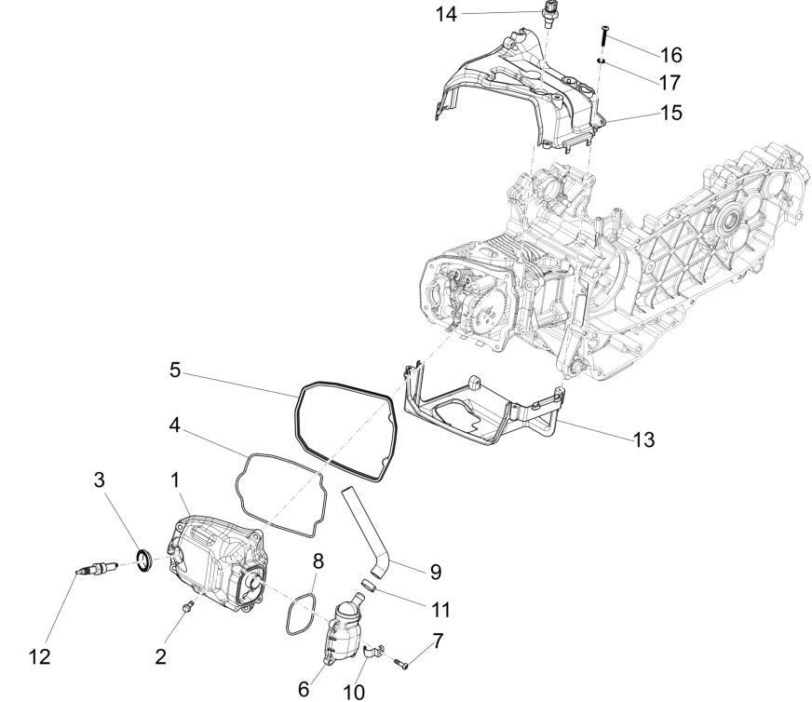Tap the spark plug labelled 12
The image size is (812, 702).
click(x=97, y=567)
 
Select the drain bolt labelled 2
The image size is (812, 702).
click(x=187, y=609)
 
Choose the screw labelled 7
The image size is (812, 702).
click(x=401, y=665)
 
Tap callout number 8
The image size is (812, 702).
click(x=318, y=562)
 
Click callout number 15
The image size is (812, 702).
click(x=670, y=112)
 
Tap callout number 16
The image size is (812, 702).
click(x=670, y=55)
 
